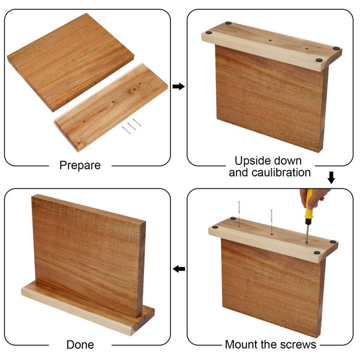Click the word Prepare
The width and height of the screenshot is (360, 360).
[80, 166]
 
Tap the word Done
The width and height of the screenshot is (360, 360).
[80, 344]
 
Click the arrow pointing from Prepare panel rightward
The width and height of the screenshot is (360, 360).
[179, 86]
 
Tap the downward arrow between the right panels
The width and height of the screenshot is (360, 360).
[331, 178]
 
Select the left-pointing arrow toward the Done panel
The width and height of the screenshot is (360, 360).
[179, 269]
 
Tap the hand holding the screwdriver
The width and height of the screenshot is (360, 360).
[314, 198]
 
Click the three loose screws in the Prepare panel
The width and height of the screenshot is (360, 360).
[131, 126]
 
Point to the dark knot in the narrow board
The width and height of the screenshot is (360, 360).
[135, 89]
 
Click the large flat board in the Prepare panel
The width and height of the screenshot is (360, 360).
[70, 62]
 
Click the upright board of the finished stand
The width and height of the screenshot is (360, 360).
[88, 255]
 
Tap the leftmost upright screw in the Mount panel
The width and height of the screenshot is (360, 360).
[239, 214]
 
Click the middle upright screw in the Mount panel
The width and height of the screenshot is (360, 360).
[272, 222]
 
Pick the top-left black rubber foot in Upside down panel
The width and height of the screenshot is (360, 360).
[228, 23]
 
